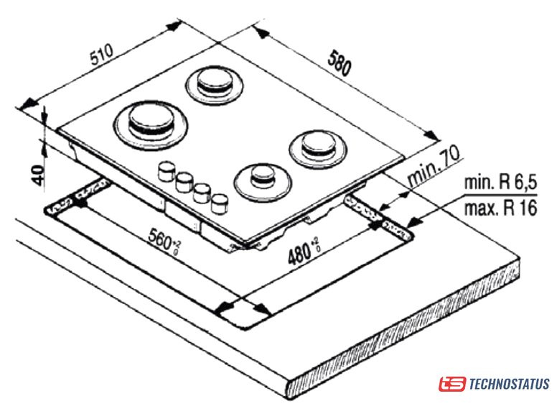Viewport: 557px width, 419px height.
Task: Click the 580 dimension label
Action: (x=337, y=63)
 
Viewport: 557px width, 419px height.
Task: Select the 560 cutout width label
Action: (x=162, y=240)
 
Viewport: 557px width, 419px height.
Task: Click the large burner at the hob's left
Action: (x=152, y=124)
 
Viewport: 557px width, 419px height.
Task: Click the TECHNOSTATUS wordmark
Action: (x=509, y=384)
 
